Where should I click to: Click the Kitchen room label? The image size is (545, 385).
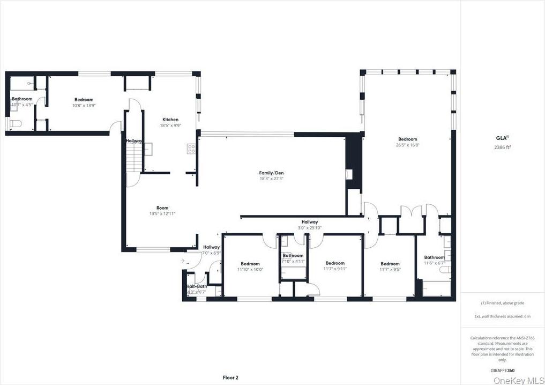pos(170,120)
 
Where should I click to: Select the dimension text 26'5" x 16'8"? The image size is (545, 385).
pos(407,145)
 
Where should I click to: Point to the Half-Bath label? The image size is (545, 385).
pos(197,286)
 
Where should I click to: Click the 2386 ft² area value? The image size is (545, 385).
pos(503,146)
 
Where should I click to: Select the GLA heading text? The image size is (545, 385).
pos(502,137)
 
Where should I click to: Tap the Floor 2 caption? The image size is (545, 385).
pos(230,377)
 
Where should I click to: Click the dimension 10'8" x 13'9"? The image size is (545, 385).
pos(84,106)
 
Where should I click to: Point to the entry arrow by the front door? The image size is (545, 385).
pos(183,261)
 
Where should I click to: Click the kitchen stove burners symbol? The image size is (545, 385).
pos(191,149)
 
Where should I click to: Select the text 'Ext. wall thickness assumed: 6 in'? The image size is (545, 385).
pos(502,316)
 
